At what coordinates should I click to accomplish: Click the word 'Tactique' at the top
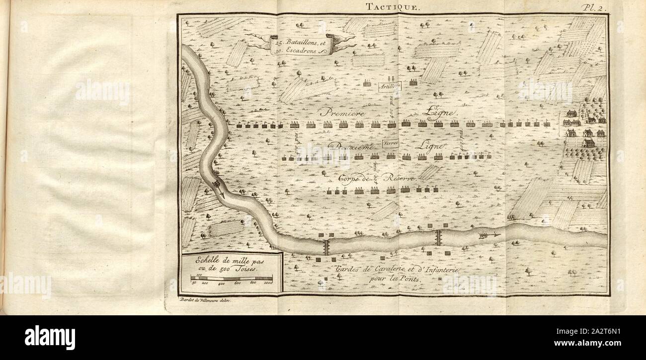click(386, 6)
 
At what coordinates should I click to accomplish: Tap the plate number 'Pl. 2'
click(594, 7)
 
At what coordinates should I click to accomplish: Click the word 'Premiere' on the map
click(342, 112)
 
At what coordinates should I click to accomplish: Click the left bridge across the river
click(326, 247)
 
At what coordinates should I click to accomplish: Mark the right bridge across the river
click(438, 237)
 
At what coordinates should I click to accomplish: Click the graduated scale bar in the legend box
click(232, 279)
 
